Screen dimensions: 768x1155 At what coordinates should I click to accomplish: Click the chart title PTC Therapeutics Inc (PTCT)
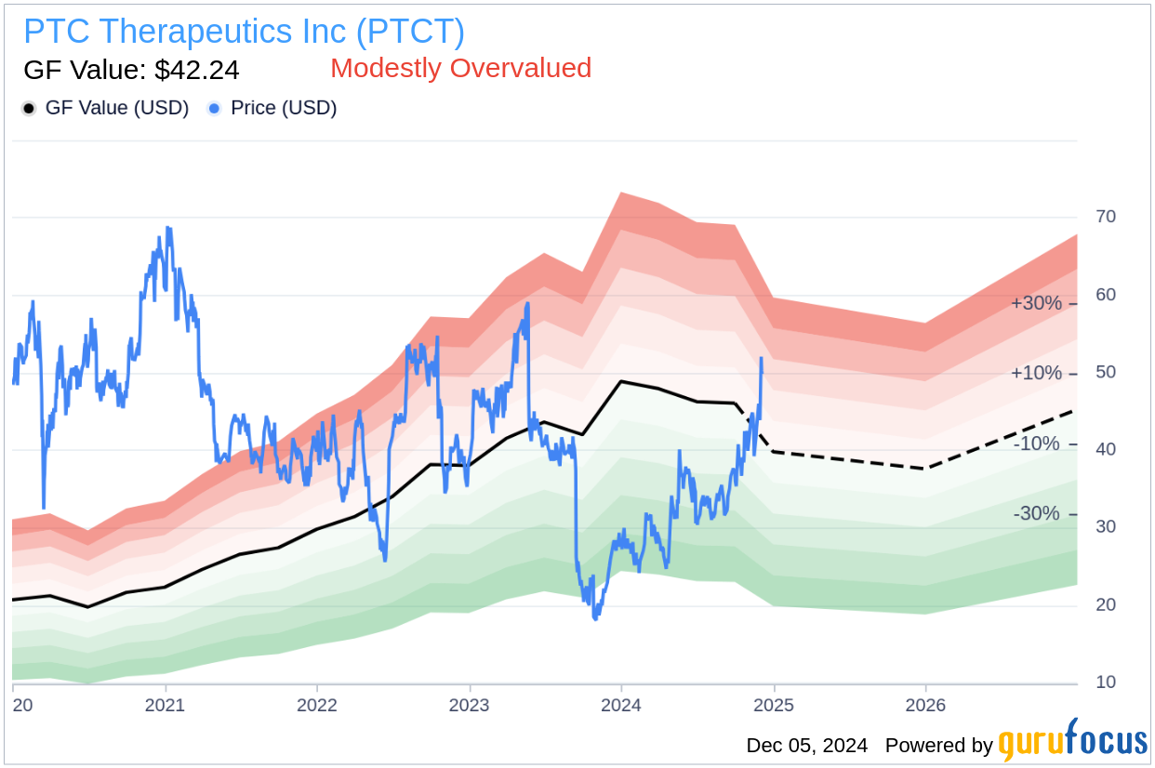tap(244, 32)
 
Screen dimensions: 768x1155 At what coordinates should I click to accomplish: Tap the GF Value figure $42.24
tap(131, 70)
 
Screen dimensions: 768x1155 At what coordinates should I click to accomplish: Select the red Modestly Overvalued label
tap(460, 68)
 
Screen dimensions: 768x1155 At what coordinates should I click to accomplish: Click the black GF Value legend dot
tap(29, 109)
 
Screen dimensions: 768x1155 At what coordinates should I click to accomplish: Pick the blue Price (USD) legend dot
tap(215, 109)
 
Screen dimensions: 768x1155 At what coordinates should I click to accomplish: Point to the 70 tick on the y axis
tap(1106, 217)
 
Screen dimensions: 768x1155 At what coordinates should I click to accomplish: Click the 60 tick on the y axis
tap(1106, 295)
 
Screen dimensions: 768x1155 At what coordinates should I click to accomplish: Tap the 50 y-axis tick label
tap(1106, 372)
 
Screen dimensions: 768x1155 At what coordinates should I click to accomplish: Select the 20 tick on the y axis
tap(1106, 604)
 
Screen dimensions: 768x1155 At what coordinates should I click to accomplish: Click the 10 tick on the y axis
tap(1106, 682)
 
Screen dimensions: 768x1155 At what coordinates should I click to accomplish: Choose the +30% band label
tap(1036, 303)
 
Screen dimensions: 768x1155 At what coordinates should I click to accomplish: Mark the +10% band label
tap(1036, 373)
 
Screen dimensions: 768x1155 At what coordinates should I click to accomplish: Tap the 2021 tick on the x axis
tap(166, 705)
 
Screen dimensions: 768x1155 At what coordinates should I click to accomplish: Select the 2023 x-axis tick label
tap(470, 705)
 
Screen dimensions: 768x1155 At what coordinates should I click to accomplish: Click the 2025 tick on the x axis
tap(774, 705)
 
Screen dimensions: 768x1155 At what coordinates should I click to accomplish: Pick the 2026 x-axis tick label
tap(925, 705)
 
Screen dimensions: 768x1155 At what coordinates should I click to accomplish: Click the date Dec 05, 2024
tap(806, 745)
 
